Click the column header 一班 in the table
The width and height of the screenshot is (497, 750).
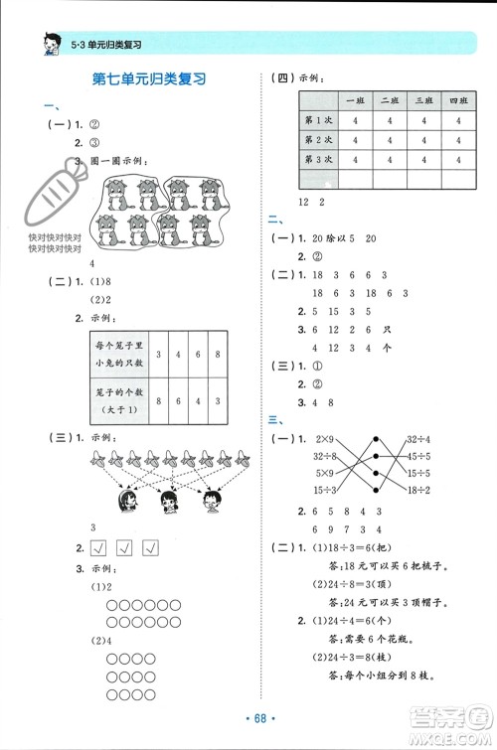353,100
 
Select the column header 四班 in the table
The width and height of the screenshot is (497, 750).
457,100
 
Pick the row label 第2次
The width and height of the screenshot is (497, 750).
317,139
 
